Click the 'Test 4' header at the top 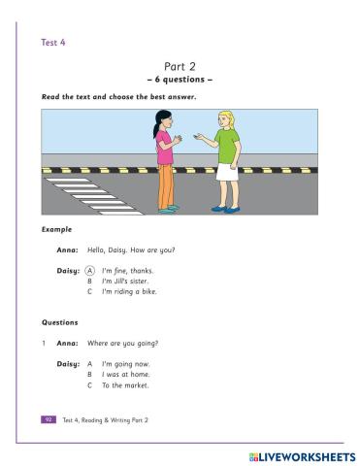click(53, 42)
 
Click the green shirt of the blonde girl click(226, 146)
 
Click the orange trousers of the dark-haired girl click(166, 185)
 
